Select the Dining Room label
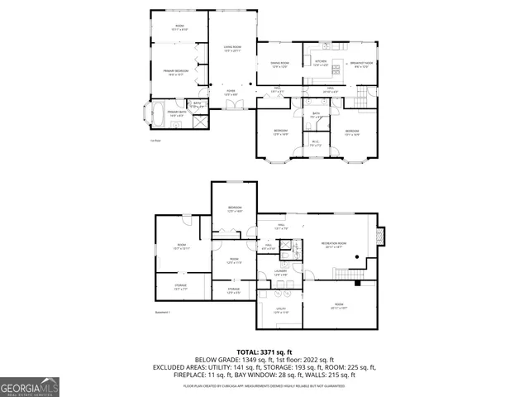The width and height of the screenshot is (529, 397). [x=279, y=64]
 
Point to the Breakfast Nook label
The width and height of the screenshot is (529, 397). [x=362, y=64]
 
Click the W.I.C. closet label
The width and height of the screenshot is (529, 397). [x=315, y=141]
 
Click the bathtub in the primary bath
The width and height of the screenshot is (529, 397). [x=155, y=112]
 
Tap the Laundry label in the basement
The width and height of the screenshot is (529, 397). [x=281, y=270]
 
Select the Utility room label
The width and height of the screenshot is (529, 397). [x=280, y=310]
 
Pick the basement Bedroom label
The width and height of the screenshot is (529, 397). [x=235, y=208]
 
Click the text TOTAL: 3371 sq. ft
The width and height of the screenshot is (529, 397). [x=264, y=352]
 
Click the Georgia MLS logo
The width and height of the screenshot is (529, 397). [x=29, y=386]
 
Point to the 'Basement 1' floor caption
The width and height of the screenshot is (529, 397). [x=163, y=313]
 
